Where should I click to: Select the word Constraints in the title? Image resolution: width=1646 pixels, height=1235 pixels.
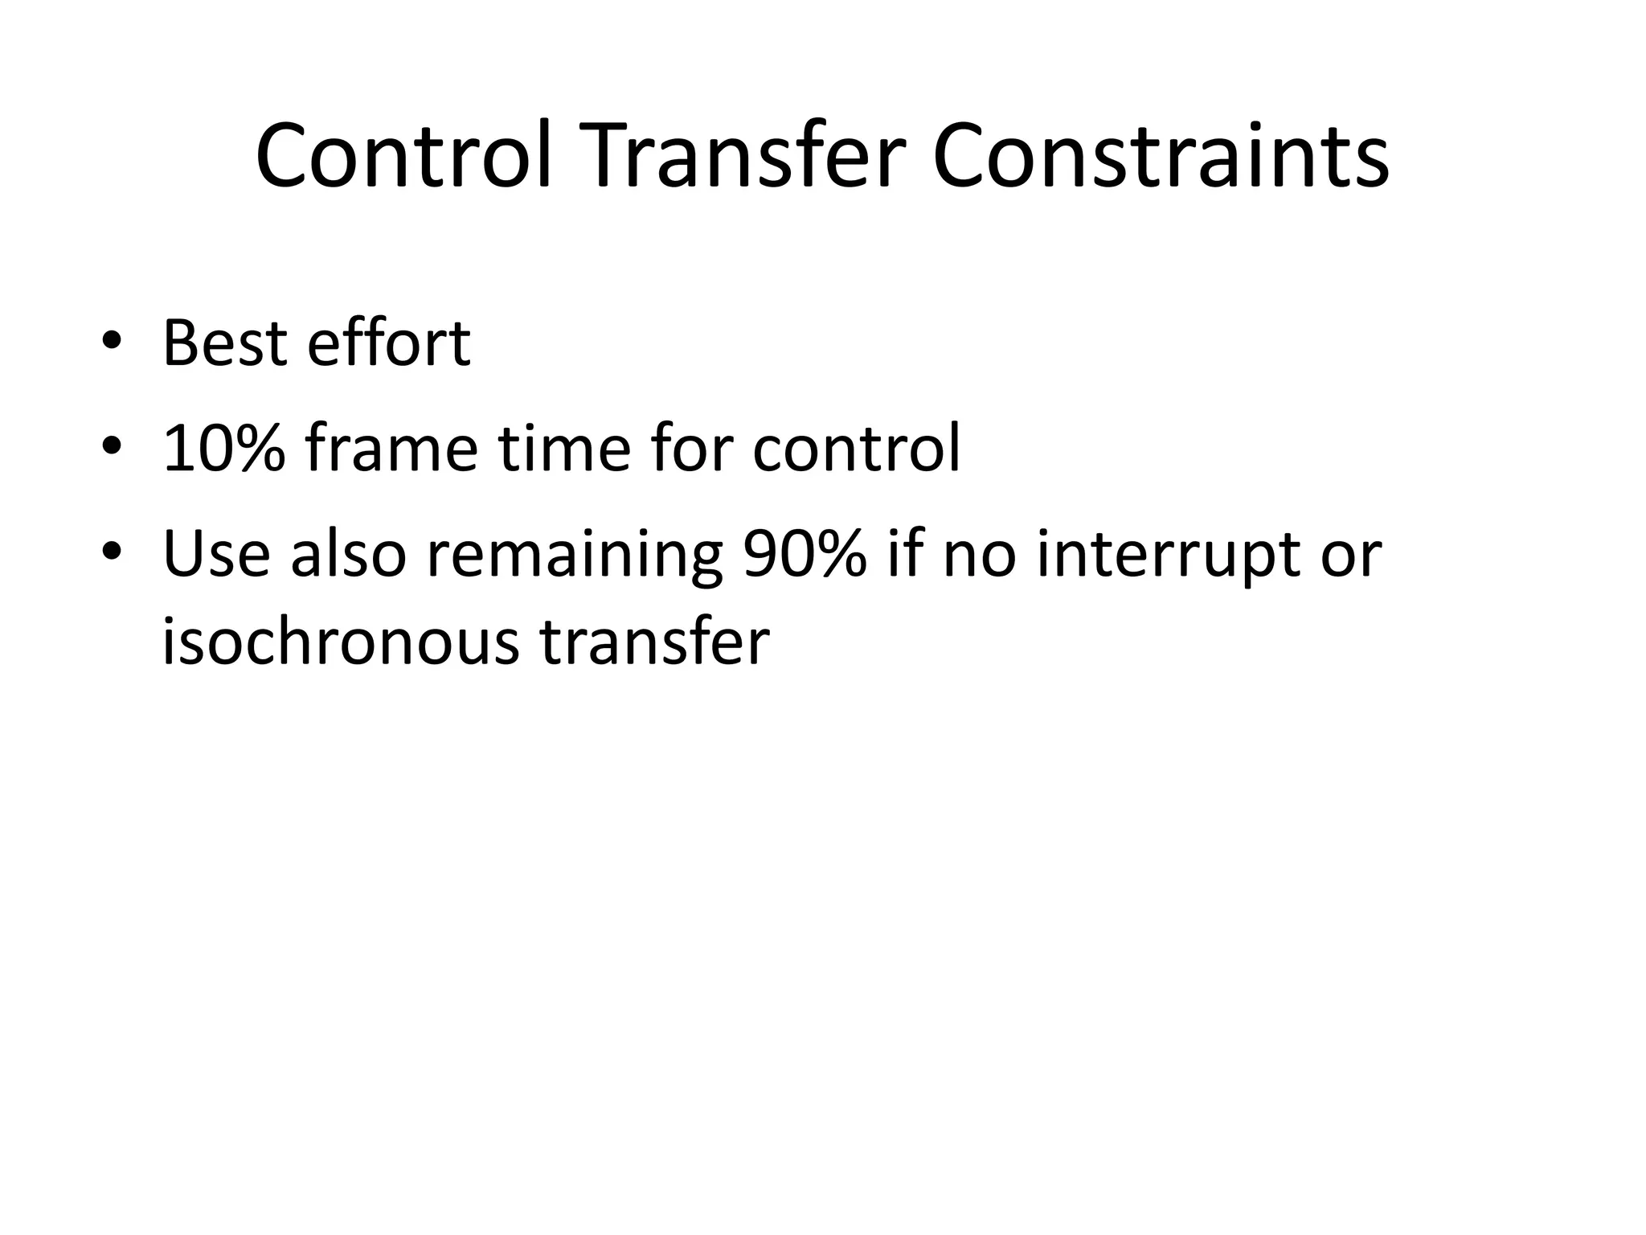point(1161,155)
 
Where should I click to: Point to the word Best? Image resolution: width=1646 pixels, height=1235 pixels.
point(224,344)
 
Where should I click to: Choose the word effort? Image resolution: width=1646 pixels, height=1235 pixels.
point(389,344)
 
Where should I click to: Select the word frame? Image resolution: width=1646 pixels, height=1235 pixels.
point(391,449)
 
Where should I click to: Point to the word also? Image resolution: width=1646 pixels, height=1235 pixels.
point(349,555)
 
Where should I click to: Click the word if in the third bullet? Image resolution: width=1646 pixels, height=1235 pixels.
point(905,555)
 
